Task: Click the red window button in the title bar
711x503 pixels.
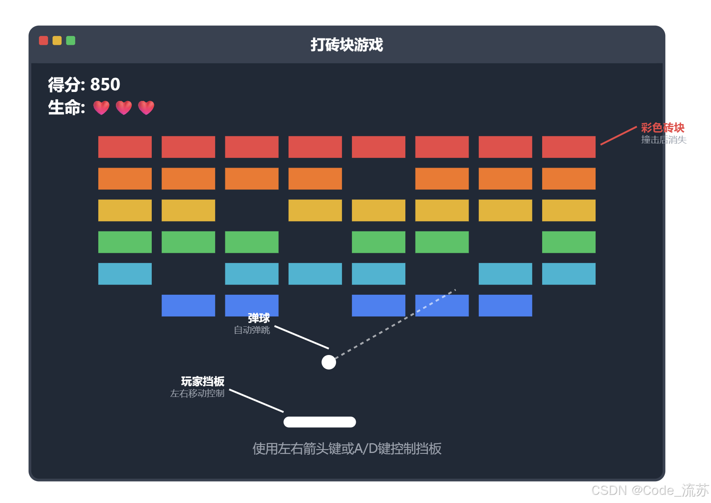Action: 43,41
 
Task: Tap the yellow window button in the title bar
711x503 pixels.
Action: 57,41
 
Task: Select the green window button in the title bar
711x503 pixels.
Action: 71,41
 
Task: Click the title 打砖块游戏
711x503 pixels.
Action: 347,44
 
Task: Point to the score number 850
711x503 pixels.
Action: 105,84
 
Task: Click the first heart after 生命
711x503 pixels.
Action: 101,108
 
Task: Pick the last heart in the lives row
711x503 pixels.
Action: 146,108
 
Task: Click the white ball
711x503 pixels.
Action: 329,362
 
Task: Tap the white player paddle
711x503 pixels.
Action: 320,422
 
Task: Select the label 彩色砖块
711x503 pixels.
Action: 663,127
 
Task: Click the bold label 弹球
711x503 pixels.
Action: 259,318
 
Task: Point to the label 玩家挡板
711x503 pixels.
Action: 203,381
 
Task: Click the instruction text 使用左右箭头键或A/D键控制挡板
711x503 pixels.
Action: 347,449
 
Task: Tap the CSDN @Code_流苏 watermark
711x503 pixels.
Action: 650,490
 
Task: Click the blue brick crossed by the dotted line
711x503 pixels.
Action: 442,305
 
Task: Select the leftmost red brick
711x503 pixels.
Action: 125,147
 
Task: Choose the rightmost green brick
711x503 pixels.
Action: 569,242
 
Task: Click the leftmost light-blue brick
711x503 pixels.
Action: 125,274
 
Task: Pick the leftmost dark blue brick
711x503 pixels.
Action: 188,305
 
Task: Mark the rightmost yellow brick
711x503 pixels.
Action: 569,210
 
